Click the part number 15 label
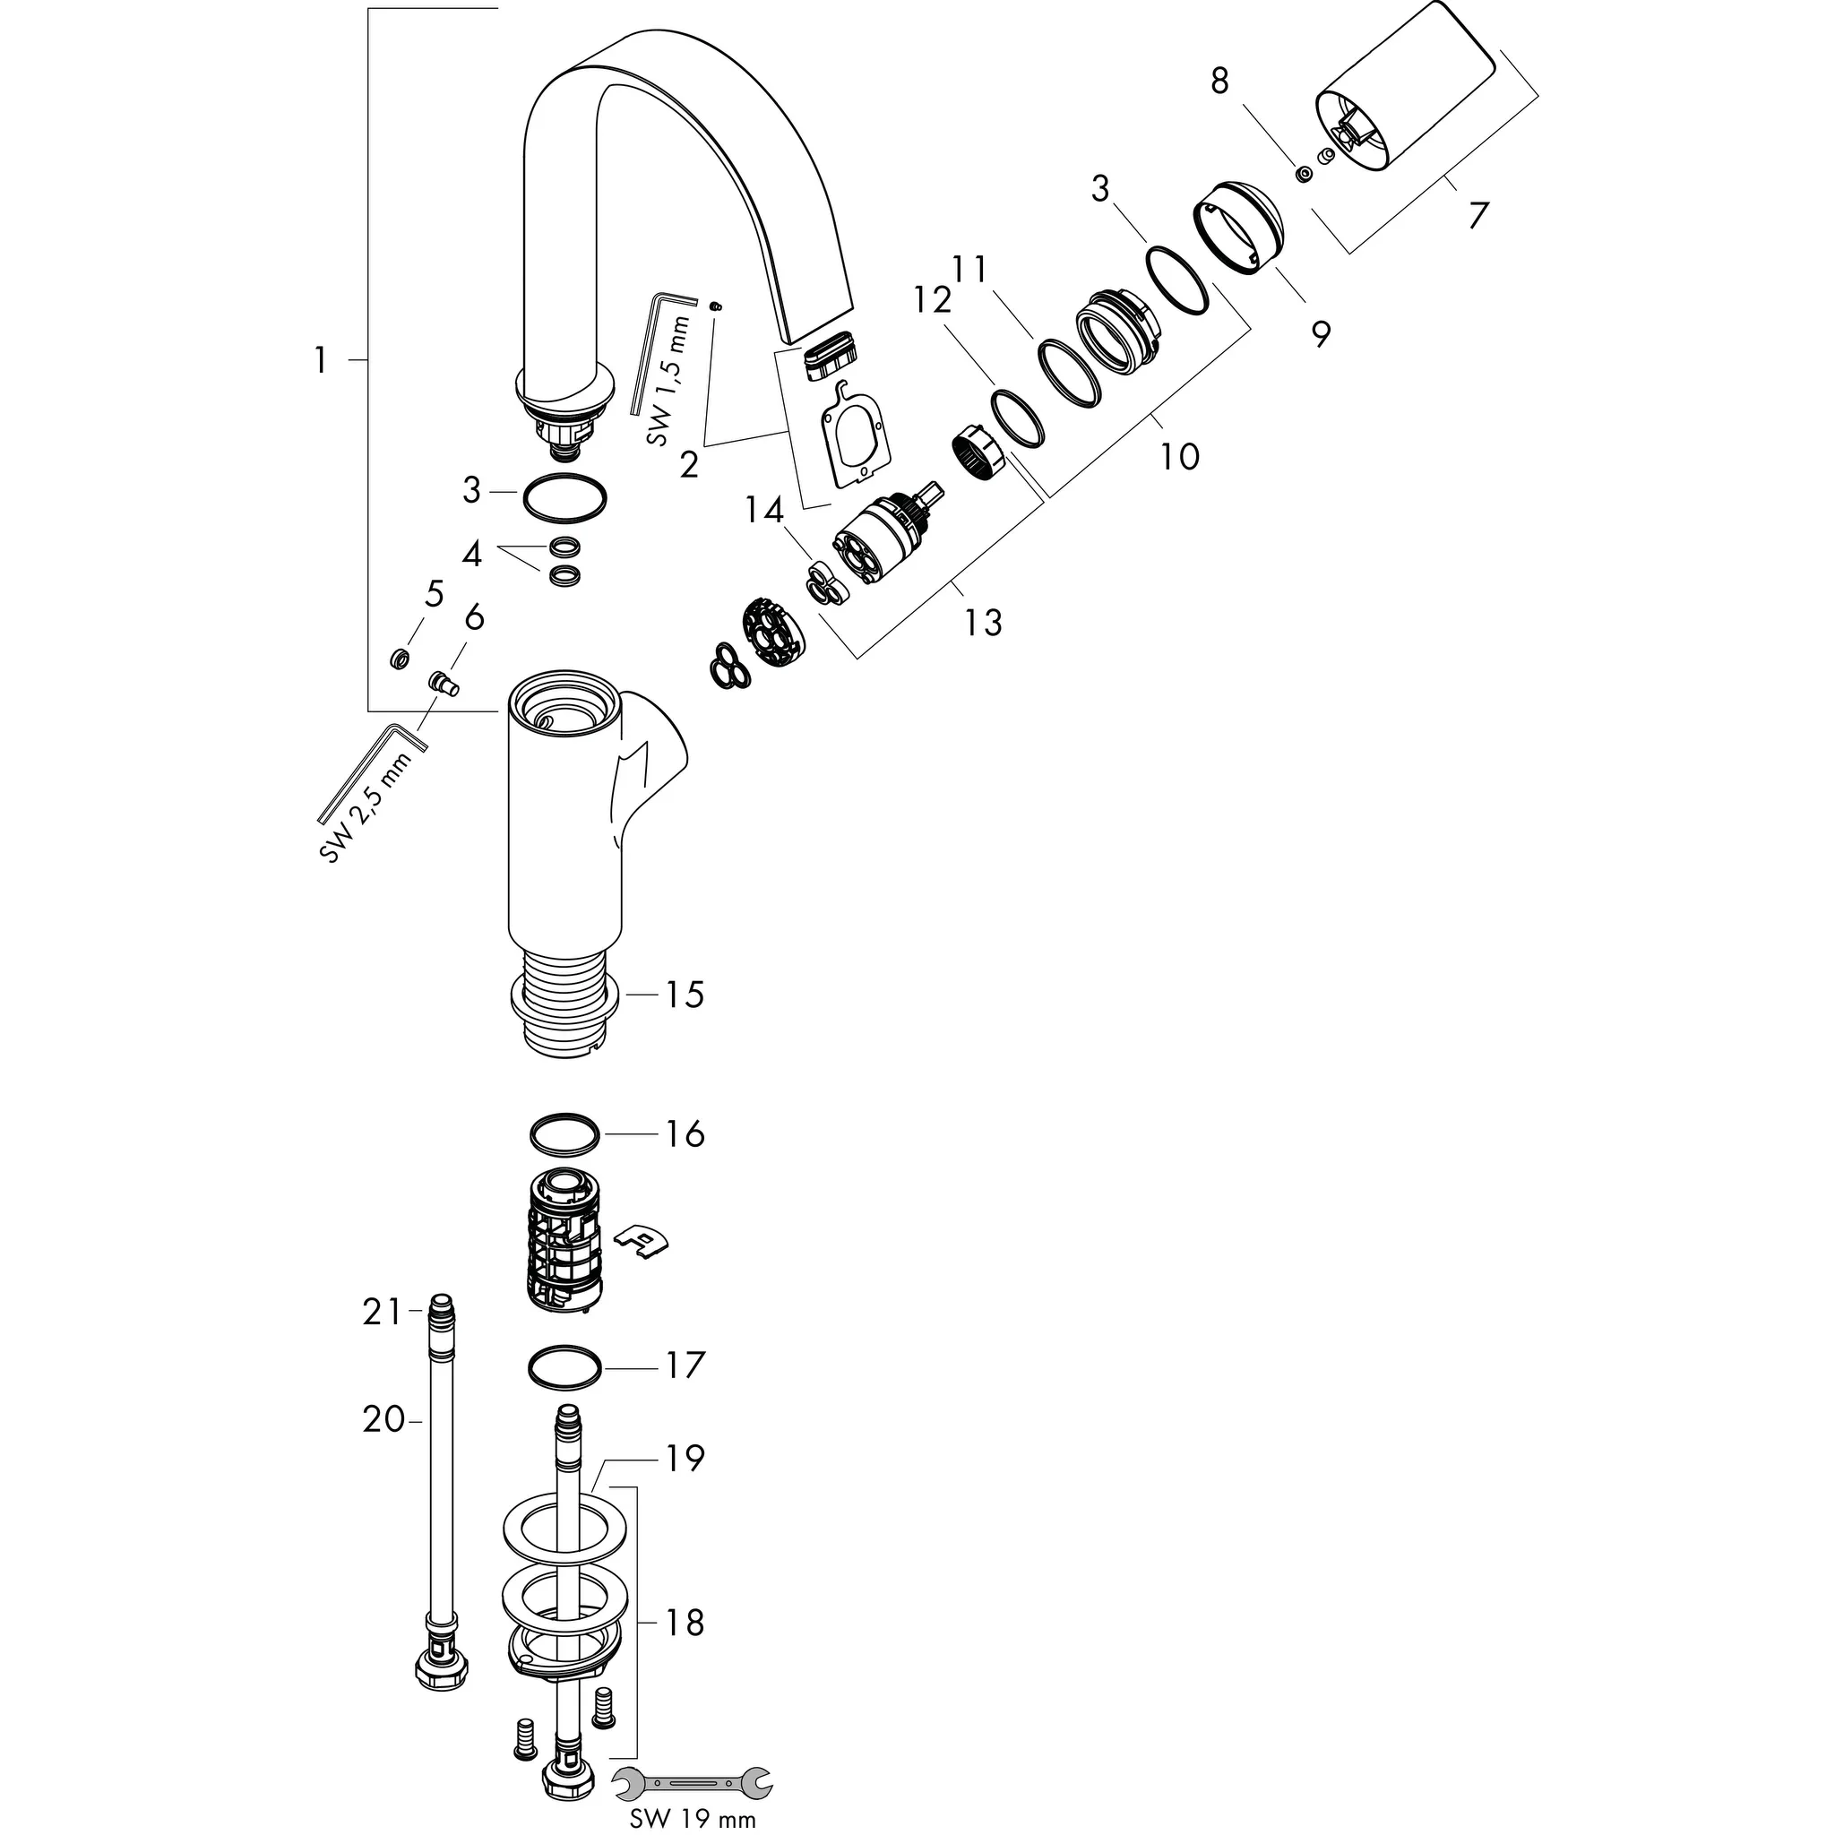point(684,995)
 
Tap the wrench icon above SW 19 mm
point(692,1779)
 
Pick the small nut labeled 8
point(1305,174)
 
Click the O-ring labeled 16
point(564,1133)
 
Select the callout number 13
point(982,623)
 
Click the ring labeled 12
point(1017,418)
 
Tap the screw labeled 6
point(443,681)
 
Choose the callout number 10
point(1179,457)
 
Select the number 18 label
point(684,1623)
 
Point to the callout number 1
point(321,361)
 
